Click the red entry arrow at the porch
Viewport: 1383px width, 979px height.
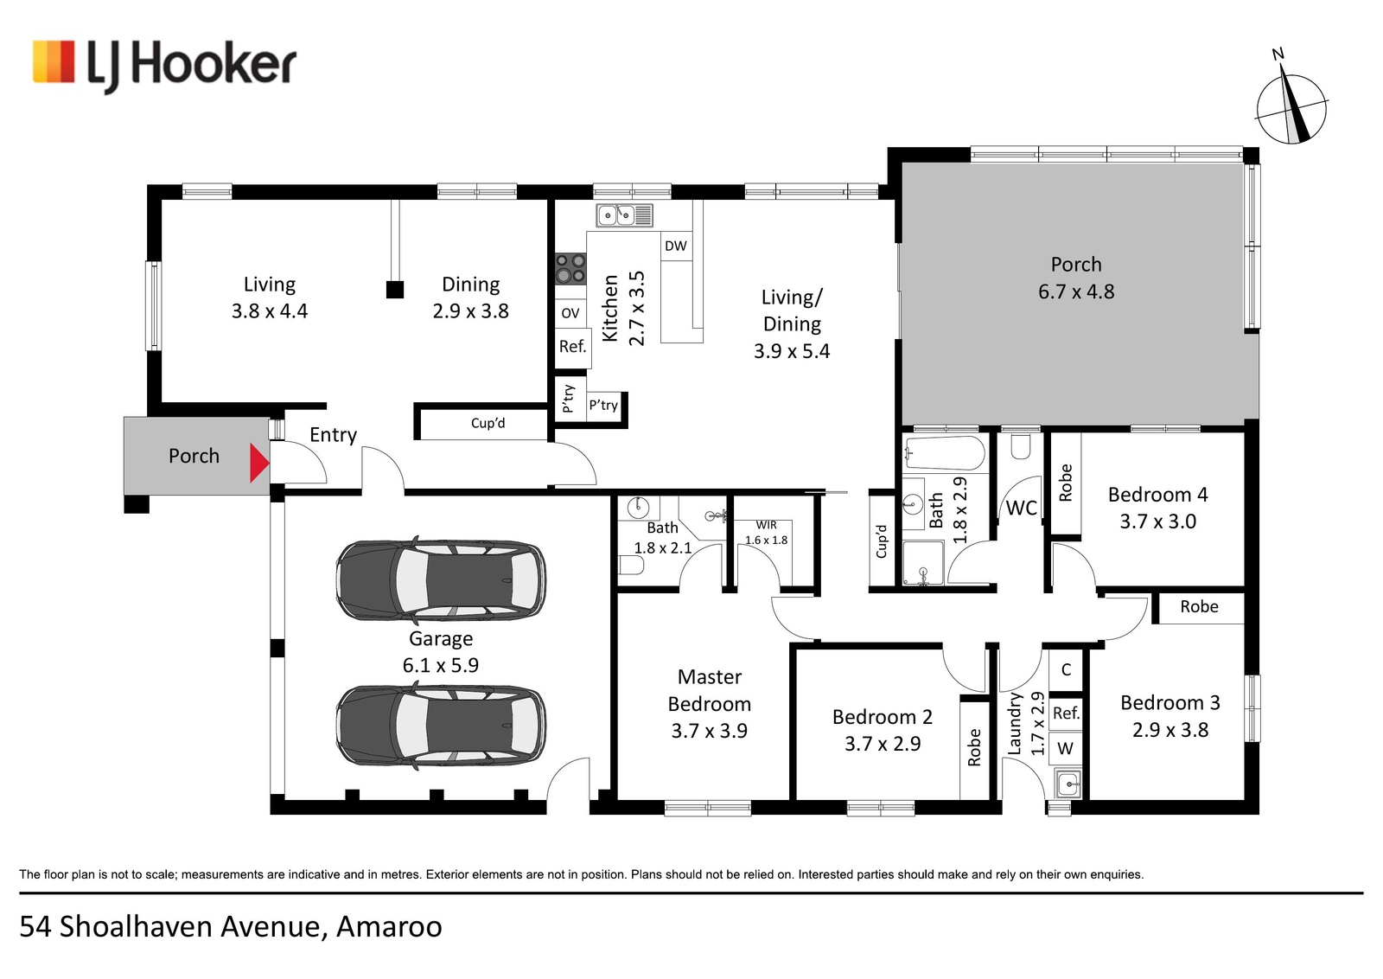pos(258,463)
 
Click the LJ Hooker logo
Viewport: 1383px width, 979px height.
pos(164,66)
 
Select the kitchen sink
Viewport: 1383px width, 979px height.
pos(625,215)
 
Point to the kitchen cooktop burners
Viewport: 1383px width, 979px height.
pos(570,269)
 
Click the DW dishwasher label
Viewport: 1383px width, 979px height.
pos(675,246)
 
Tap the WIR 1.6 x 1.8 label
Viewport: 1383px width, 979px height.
pos(766,533)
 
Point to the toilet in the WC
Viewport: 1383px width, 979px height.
pos(1021,446)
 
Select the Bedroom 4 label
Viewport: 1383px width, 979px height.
pos(1157,495)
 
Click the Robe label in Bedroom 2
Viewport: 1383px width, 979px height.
pos(974,747)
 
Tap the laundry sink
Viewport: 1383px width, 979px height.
pos(1068,784)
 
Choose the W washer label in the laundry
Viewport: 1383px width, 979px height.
pos(1065,749)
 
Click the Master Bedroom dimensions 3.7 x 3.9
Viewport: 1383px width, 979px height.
pos(710,731)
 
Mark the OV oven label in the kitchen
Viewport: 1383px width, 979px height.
pos(570,313)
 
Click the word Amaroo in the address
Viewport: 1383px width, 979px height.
pos(389,926)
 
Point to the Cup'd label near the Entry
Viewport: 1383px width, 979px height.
pos(488,423)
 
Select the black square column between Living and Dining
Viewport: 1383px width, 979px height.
pos(394,290)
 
